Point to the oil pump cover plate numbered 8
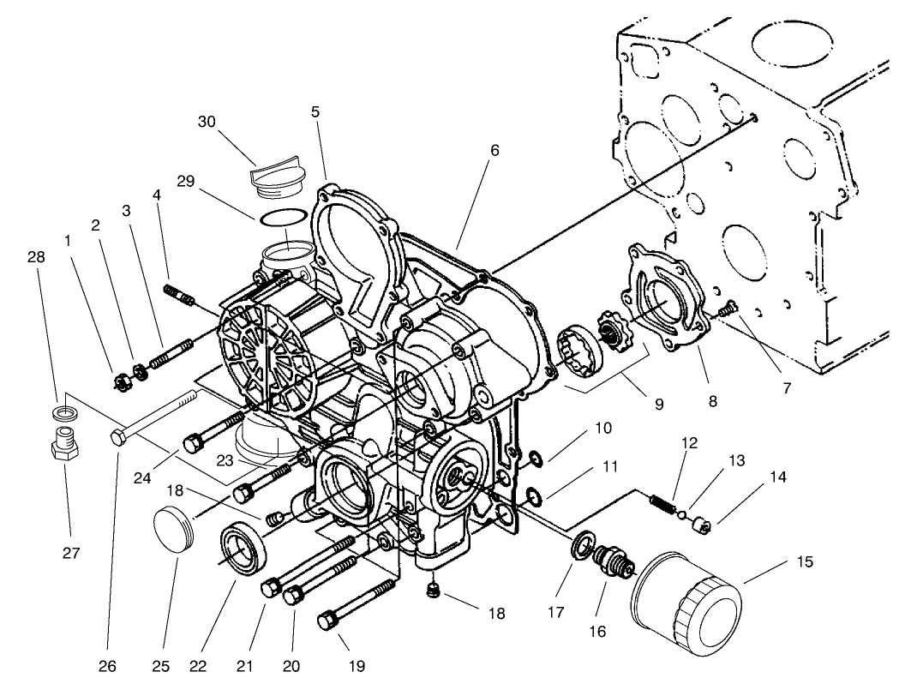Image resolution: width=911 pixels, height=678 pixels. click(667, 304)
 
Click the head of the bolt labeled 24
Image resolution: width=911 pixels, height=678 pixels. click(193, 443)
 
